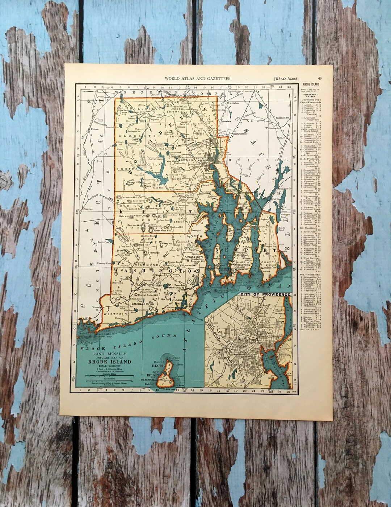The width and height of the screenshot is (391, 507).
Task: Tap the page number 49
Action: pyautogui.click(x=320, y=78)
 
